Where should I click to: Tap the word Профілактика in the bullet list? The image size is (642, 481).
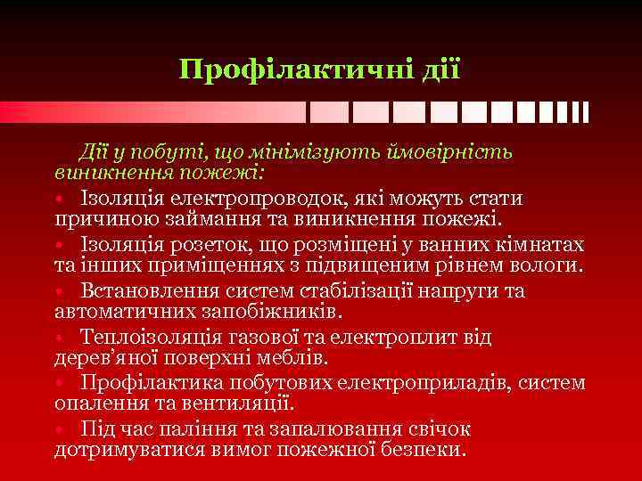(x=158, y=383)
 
